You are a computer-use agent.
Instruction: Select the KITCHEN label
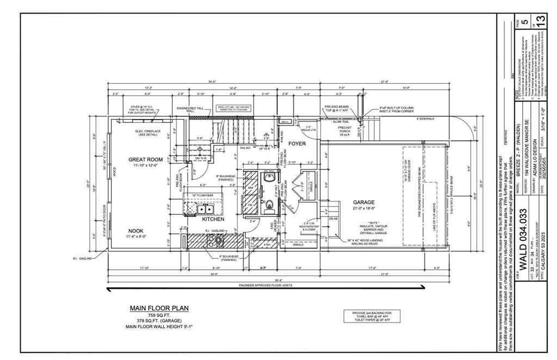pos(214,220)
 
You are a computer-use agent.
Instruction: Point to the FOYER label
pos(296,144)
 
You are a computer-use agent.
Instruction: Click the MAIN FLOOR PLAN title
pos(159,308)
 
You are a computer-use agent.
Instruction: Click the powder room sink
pos(268,177)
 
